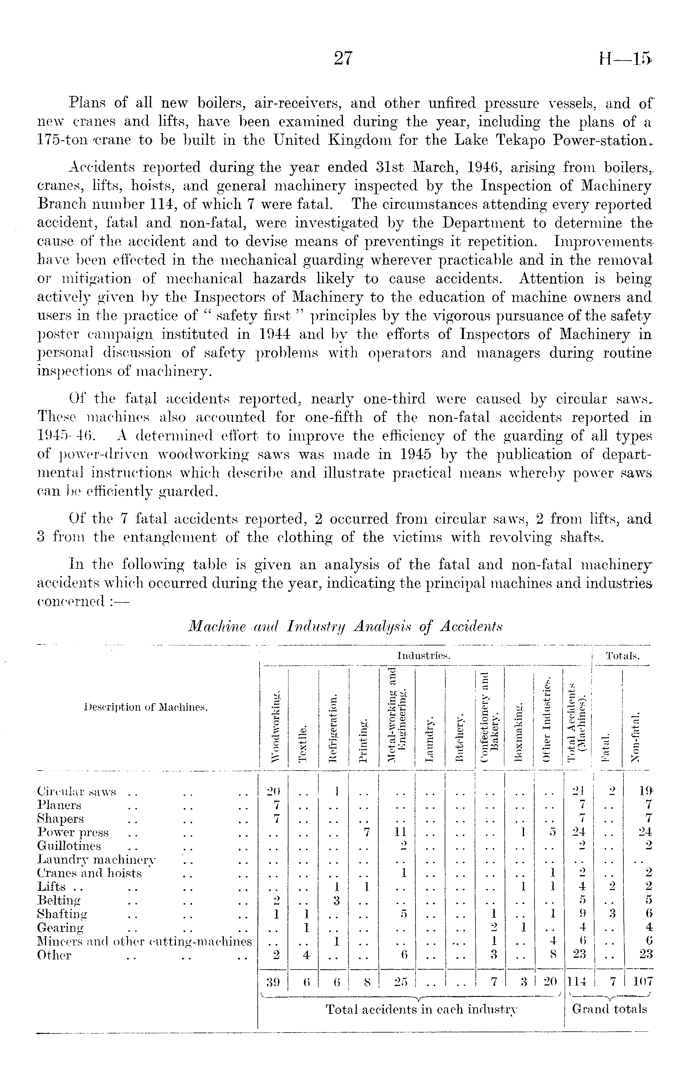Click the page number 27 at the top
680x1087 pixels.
click(x=343, y=58)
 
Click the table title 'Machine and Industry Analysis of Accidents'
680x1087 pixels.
click(x=345, y=626)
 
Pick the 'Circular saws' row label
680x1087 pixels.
click(x=77, y=791)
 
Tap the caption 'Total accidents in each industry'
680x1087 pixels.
click(x=421, y=1010)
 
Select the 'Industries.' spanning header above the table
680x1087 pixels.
click(x=424, y=656)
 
